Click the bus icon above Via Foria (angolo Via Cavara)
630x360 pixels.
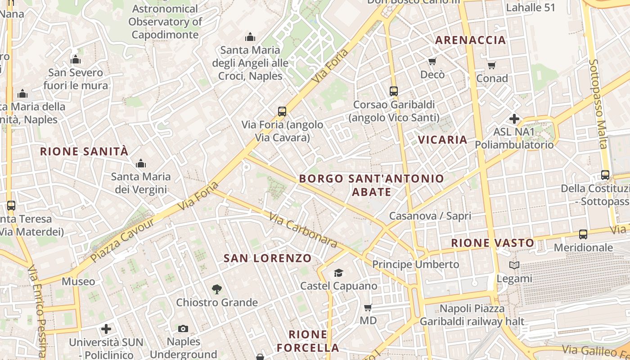(x=282, y=111)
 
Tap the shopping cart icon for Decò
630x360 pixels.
(x=432, y=61)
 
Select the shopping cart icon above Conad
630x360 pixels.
(x=492, y=66)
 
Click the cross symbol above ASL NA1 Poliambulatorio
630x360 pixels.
(x=514, y=119)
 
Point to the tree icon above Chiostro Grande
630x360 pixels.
(x=216, y=289)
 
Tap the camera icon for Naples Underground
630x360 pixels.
(x=183, y=328)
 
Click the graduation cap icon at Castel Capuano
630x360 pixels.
(x=338, y=273)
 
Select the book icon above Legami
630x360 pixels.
(x=514, y=265)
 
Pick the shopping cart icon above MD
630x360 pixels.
(x=368, y=308)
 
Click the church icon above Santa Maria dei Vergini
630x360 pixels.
(x=141, y=163)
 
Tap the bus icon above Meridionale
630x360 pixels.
(x=583, y=234)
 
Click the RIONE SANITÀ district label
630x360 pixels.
(x=84, y=151)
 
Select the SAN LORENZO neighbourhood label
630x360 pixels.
(x=267, y=258)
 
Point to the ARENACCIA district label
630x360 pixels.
(x=470, y=40)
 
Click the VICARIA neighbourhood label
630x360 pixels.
(x=442, y=139)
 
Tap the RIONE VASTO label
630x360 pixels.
(x=493, y=243)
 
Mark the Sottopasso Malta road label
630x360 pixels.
(x=598, y=103)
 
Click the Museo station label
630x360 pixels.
(x=78, y=282)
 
